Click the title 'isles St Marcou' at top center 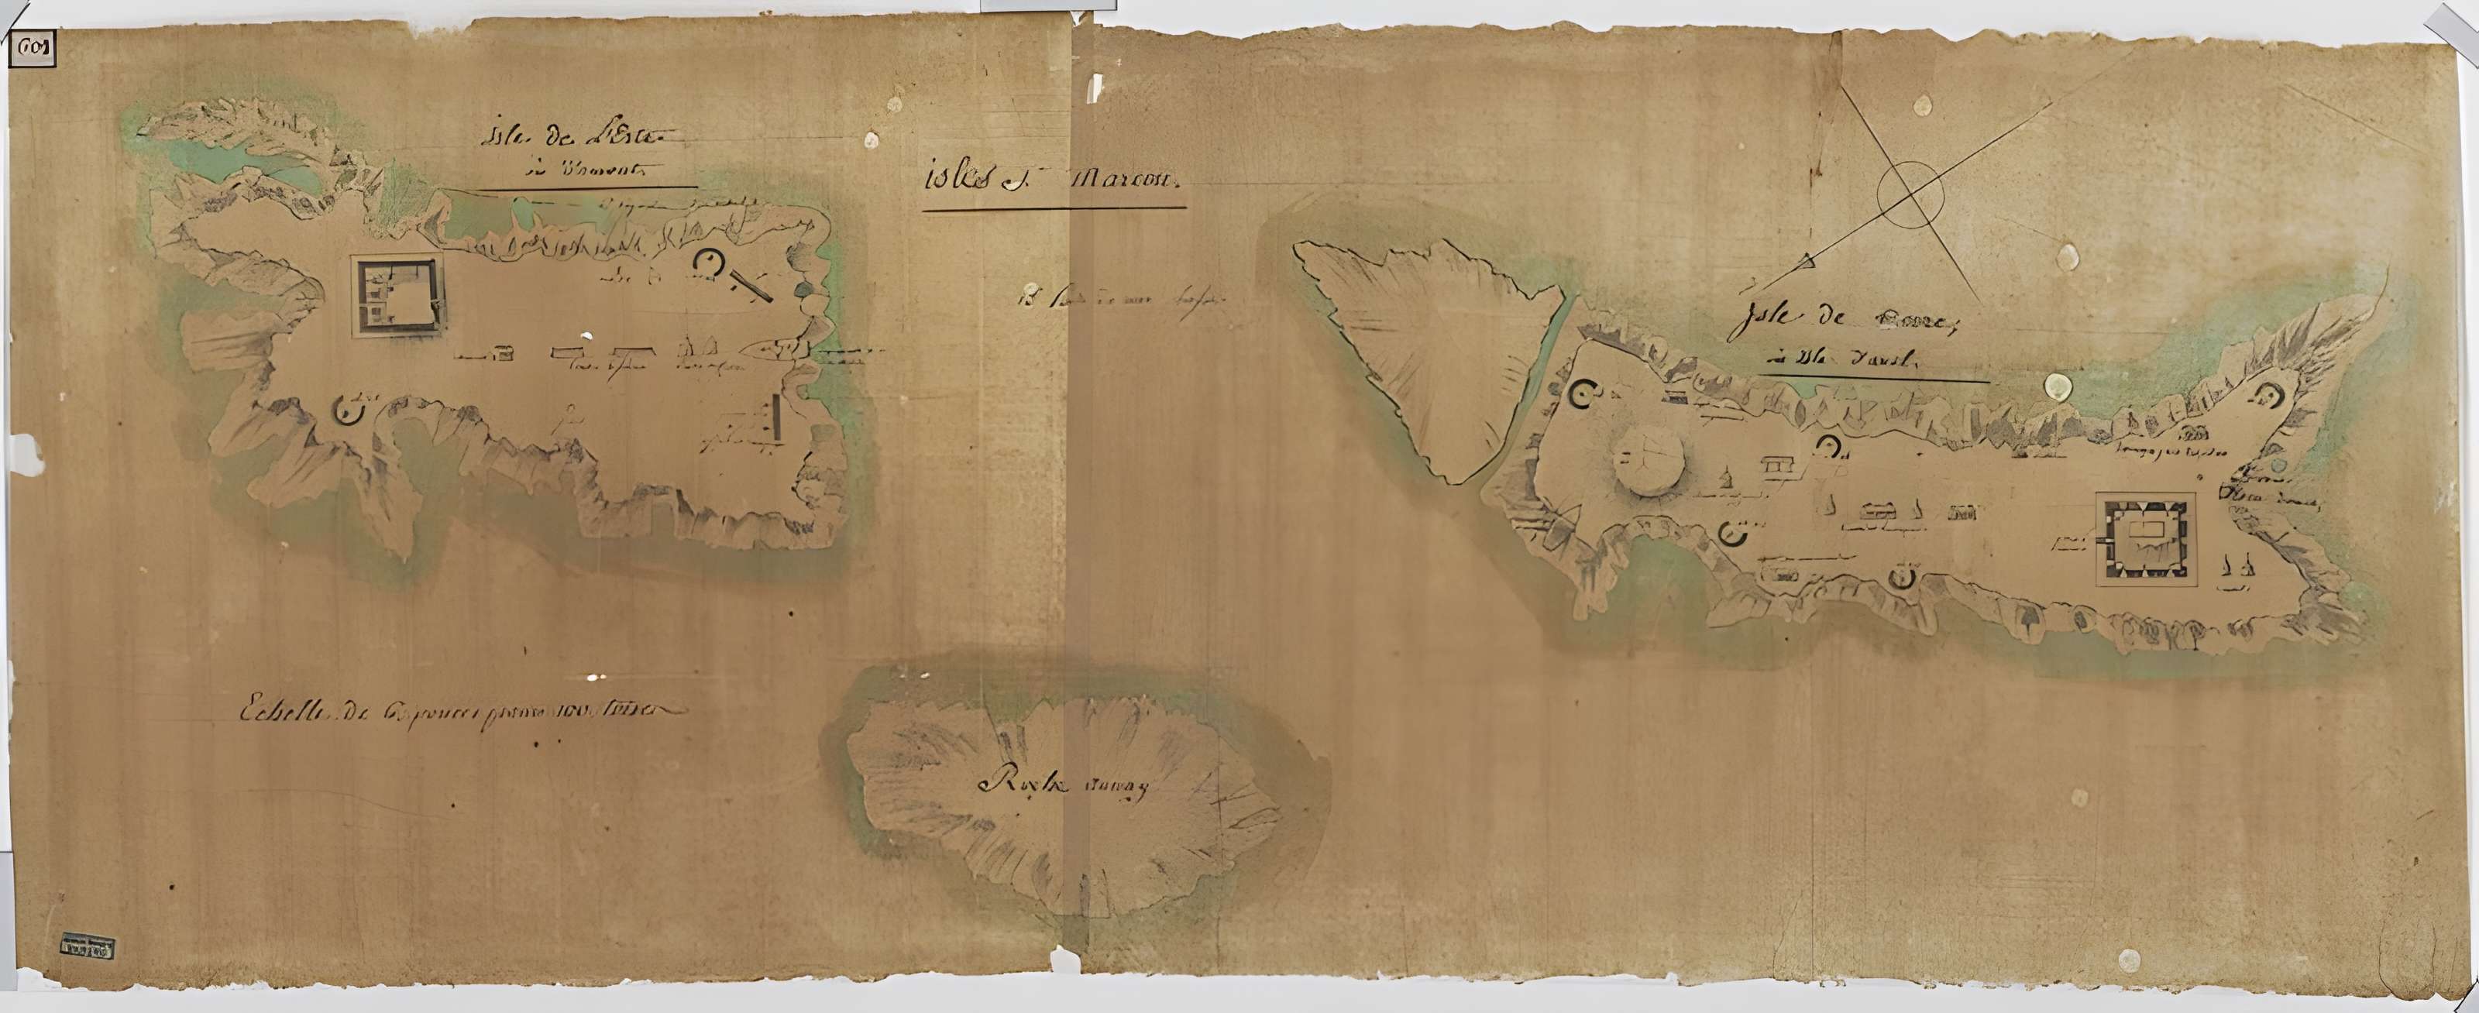(1052, 183)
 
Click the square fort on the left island (398, 297)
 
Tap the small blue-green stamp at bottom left (87, 946)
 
